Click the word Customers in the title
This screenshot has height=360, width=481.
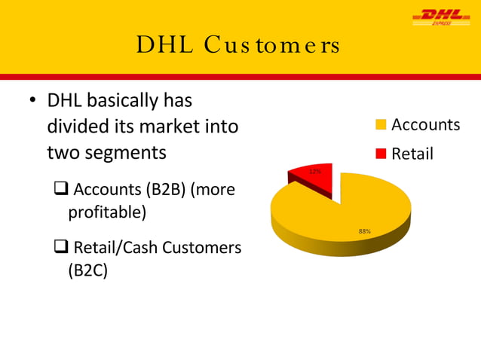(275, 47)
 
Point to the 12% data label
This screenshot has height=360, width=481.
(317, 172)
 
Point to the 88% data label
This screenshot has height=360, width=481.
(364, 231)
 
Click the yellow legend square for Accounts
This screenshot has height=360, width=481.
(381, 125)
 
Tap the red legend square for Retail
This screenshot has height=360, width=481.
(381, 154)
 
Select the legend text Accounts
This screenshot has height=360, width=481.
(425, 125)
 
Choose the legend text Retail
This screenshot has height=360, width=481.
(412, 154)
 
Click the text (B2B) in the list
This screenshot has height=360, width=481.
(166, 190)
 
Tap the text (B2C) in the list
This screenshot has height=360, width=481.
(88, 270)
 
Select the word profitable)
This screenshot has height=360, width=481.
(107, 213)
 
